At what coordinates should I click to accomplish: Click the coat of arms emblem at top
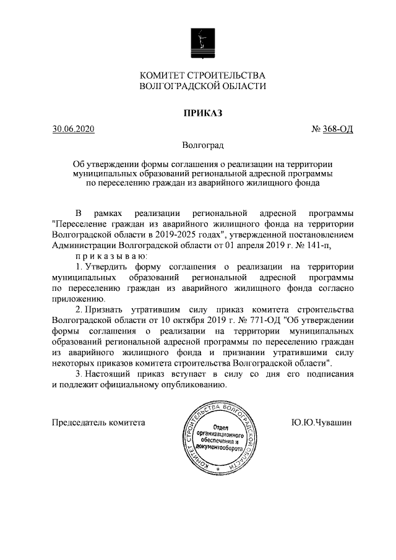[x=202, y=43]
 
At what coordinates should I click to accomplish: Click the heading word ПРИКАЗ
[x=202, y=113]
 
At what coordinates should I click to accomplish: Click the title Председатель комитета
[x=99, y=423]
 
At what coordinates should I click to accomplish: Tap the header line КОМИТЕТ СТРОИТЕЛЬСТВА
[x=202, y=75]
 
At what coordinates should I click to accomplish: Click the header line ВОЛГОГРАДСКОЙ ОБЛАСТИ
[x=202, y=87]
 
